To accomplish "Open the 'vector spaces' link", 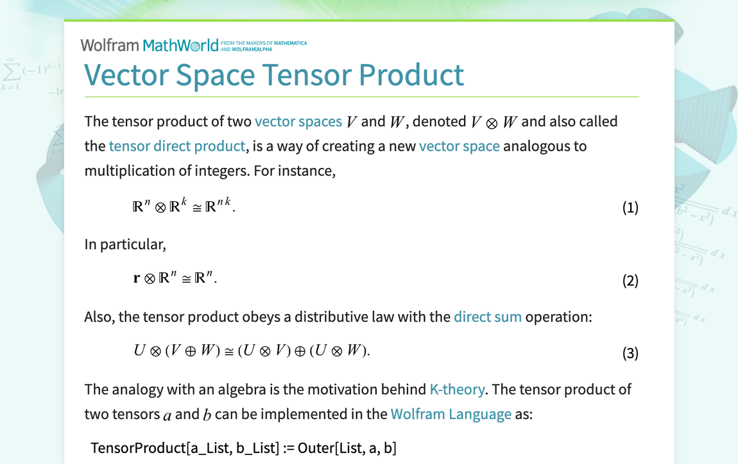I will point(298,121).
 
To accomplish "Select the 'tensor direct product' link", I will point(177,146).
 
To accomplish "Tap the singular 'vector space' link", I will point(459,146).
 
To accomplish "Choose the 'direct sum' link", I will point(488,317).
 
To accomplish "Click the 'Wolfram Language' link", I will point(451,414).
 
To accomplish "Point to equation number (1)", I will point(630,208).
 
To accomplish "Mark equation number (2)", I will point(630,281).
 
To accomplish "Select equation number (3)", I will point(630,353).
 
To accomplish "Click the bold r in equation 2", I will point(137,279).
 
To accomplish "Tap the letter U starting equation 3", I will point(139,351).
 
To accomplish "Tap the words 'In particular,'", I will point(125,244).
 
